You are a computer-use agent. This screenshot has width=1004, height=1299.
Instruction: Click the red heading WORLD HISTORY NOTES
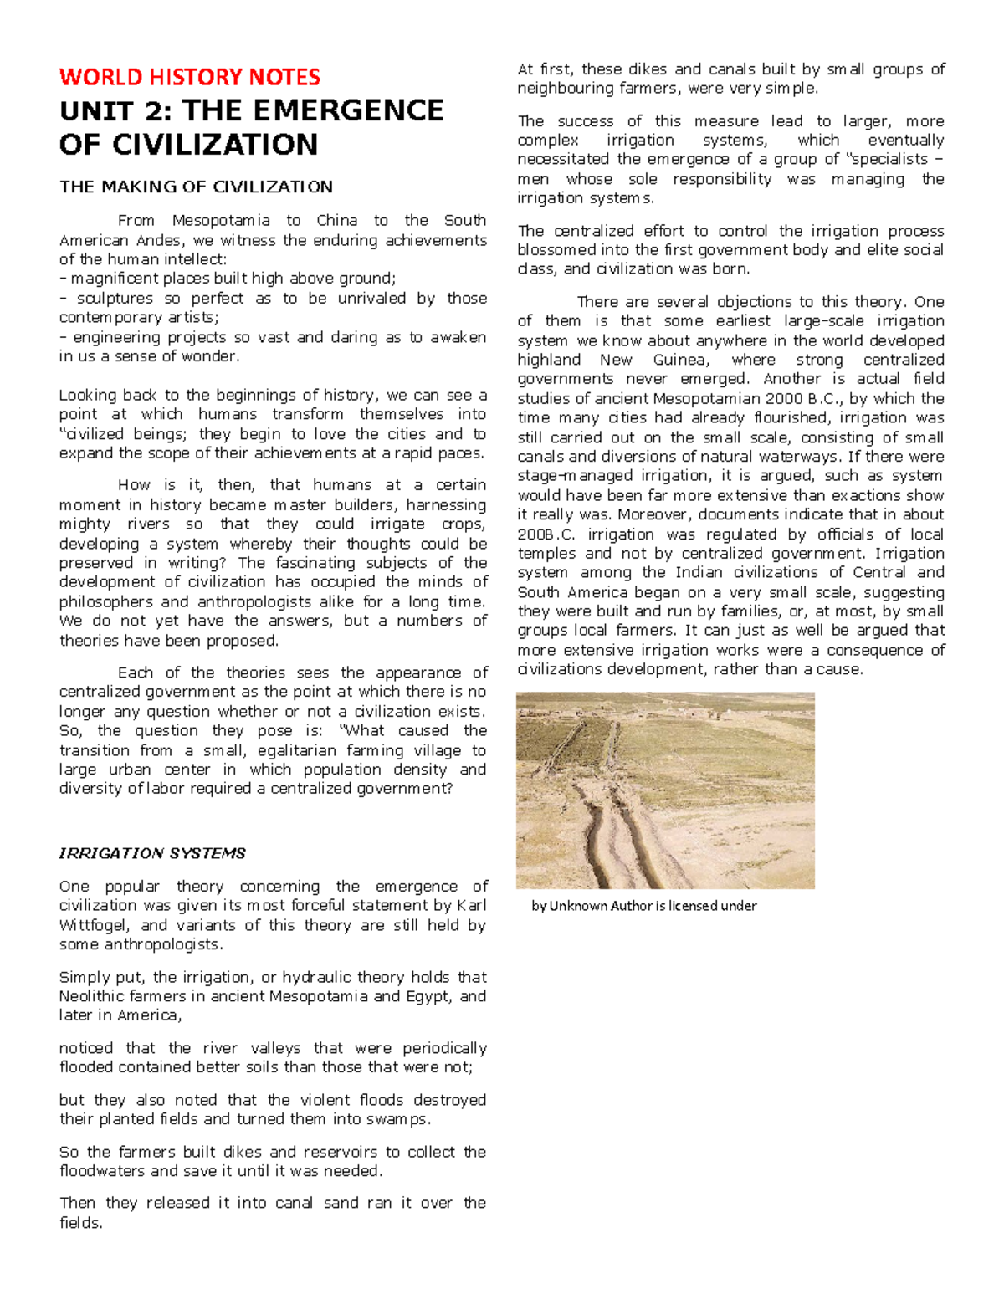click(189, 77)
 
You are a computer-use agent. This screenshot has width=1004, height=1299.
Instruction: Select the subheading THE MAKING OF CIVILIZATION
click(196, 187)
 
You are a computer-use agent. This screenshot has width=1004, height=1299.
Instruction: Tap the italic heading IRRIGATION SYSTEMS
click(152, 853)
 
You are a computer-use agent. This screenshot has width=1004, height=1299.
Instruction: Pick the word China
click(338, 221)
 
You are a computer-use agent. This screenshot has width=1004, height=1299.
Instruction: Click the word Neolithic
click(94, 996)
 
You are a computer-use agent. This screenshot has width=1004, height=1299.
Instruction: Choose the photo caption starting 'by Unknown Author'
click(644, 906)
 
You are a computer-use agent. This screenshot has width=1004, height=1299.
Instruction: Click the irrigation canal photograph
click(665, 790)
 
